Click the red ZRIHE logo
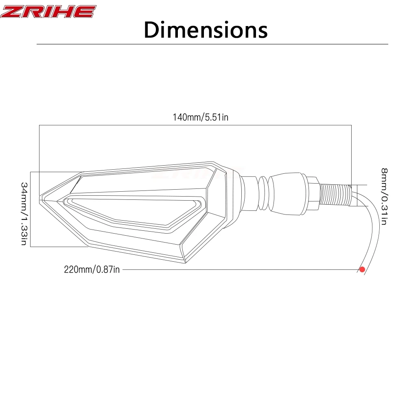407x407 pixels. point(48,12)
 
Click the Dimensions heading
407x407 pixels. point(206,30)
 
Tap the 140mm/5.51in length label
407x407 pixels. point(201,117)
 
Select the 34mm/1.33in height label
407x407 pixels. point(24,214)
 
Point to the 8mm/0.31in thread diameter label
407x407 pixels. point(384,197)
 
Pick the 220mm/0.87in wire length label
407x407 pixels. point(92,269)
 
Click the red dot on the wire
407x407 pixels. point(362,269)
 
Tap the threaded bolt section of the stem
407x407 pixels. point(335,194)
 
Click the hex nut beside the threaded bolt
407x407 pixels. point(313,193)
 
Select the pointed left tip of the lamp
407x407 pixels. point(40,199)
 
